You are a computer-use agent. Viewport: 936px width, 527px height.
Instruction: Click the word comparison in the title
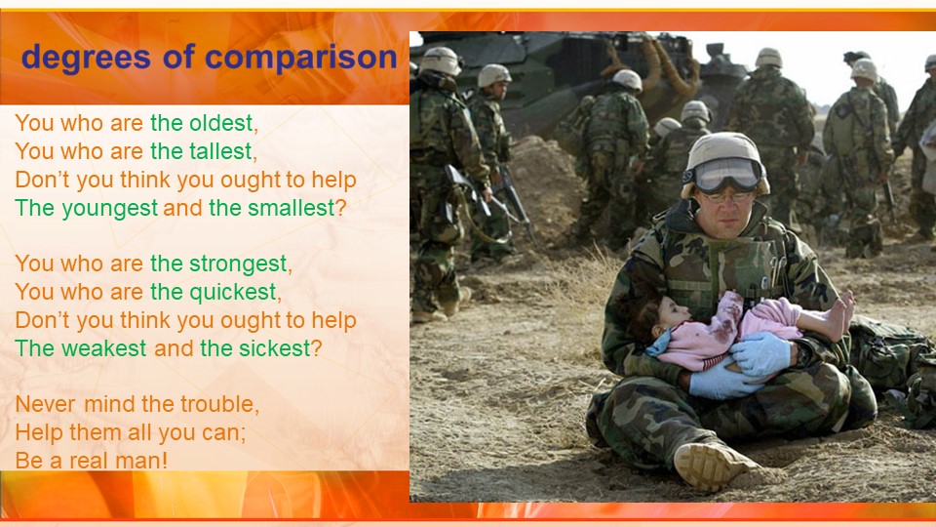coord(301,58)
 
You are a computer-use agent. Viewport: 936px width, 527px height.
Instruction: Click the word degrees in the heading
coord(86,58)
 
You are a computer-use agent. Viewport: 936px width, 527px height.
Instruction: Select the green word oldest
coord(221,123)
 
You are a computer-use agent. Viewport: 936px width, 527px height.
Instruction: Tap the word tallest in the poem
coord(221,151)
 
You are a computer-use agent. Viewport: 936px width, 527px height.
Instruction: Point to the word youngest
coord(110,209)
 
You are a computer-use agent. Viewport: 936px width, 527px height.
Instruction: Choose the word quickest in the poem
coord(233,292)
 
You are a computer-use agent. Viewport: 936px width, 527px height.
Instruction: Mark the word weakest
coord(103,348)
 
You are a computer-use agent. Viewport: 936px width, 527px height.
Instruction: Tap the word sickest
coord(275,348)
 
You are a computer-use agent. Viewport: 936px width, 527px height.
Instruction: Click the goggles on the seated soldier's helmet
coord(725,174)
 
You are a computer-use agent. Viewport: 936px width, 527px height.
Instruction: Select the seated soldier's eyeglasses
coord(726,196)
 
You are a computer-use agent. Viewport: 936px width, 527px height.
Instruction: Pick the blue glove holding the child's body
coord(760,353)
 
